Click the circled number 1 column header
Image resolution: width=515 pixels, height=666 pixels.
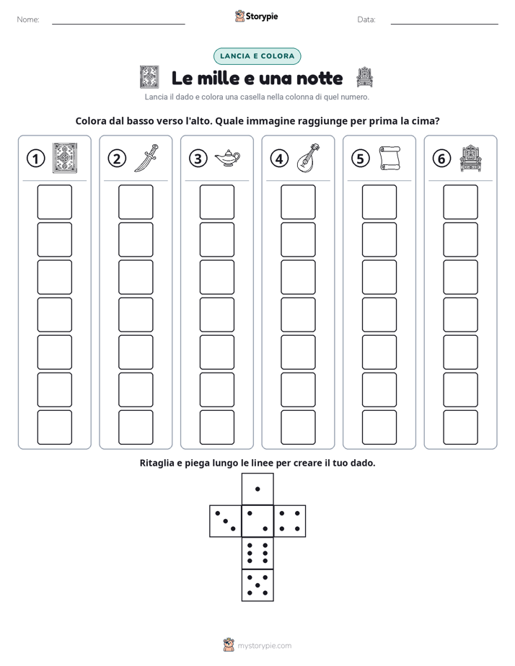coord(35,159)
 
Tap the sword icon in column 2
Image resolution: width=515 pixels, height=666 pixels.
coord(146,158)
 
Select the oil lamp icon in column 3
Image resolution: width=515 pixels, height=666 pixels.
coord(227,158)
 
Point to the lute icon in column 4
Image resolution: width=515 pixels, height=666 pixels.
coord(308,158)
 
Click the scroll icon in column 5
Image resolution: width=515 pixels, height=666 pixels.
coord(389,158)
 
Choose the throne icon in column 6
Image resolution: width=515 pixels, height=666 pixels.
coord(471,158)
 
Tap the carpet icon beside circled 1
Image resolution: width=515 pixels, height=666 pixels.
coord(65,158)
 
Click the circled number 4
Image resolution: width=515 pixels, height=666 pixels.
coord(279,159)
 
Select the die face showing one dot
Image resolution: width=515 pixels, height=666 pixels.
coord(257,489)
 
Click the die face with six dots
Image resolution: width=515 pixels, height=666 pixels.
coord(257,553)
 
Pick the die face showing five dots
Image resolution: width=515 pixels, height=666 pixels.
coord(257,585)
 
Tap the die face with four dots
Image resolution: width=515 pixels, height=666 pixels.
coord(290,521)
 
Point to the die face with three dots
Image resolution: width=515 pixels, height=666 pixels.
coord(226,521)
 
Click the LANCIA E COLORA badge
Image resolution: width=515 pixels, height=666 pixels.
coord(257,56)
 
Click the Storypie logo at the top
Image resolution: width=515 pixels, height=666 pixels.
coord(257,17)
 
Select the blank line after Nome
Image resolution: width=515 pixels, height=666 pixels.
coord(118,24)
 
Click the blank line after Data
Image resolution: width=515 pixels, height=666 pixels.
coord(444,24)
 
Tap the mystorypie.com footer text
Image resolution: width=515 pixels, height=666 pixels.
coord(264,646)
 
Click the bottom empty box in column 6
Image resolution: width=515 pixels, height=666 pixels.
coord(461,427)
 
